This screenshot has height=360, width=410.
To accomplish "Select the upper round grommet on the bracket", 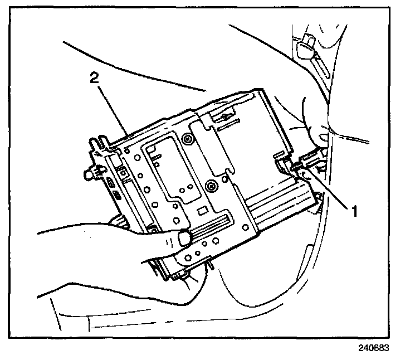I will (x=188, y=138).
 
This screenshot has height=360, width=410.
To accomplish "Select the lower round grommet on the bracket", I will (x=211, y=184).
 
